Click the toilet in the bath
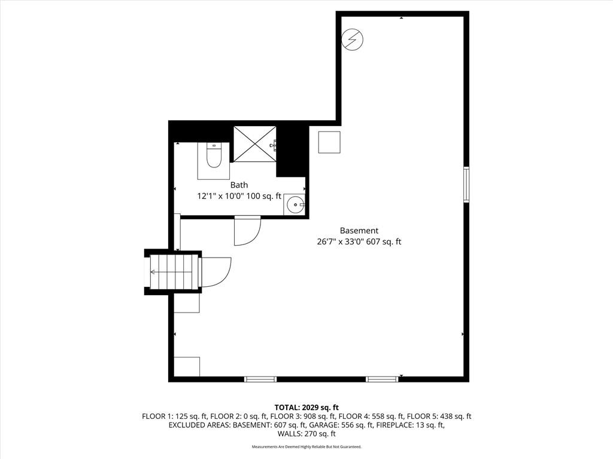[x=214, y=156]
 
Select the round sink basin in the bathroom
[x=294, y=204]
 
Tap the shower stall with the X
[x=255, y=143]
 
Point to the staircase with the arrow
[x=173, y=272]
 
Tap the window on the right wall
[x=466, y=184]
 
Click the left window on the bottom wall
[x=260, y=379]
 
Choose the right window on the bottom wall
[x=382, y=379]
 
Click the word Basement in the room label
[x=359, y=231]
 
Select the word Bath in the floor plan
[x=239, y=185]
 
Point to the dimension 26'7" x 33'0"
[x=341, y=241]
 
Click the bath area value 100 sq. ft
[x=264, y=196]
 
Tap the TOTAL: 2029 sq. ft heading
[x=306, y=408]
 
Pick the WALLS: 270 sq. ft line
[x=306, y=434]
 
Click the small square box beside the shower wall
[x=329, y=142]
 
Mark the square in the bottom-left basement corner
[x=187, y=366]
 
